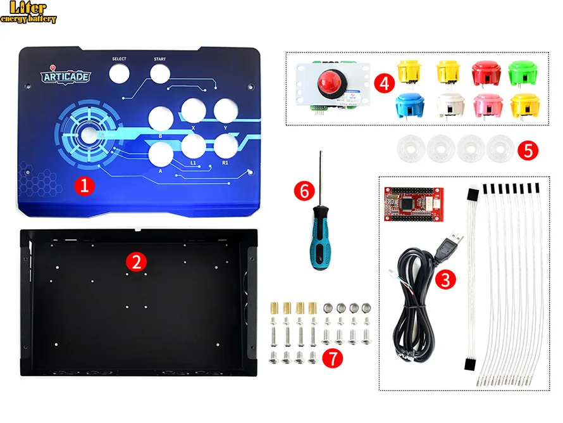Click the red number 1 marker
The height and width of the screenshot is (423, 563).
(84, 185)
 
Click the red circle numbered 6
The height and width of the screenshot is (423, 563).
(305, 189)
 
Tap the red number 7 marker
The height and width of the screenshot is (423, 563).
(331, 357)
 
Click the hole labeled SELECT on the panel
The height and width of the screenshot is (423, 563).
(119, 73)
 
